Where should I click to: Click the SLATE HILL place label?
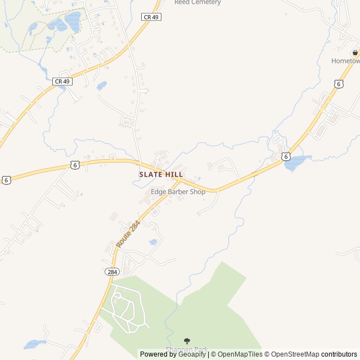[161, 175]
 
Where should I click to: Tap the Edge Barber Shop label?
[178, 192]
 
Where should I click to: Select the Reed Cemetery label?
[197, 2]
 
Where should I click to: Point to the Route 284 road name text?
[128, 234]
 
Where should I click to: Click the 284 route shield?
[111, 272]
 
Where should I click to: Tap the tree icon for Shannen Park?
[187, 341]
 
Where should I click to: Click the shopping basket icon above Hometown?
[355, 53]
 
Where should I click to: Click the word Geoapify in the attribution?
[191, 354]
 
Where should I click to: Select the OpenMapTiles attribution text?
[240, 354]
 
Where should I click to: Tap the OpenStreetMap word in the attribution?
[293, 354]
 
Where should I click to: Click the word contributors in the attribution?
[339, 354]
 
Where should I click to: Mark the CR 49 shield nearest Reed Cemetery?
[151, 17]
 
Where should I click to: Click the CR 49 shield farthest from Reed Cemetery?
[62, 82]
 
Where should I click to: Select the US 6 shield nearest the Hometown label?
[338, 84]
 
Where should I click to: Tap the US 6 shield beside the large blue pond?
[286, 156]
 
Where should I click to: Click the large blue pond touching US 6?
[296, 163]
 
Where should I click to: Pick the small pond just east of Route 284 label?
[153, 242]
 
